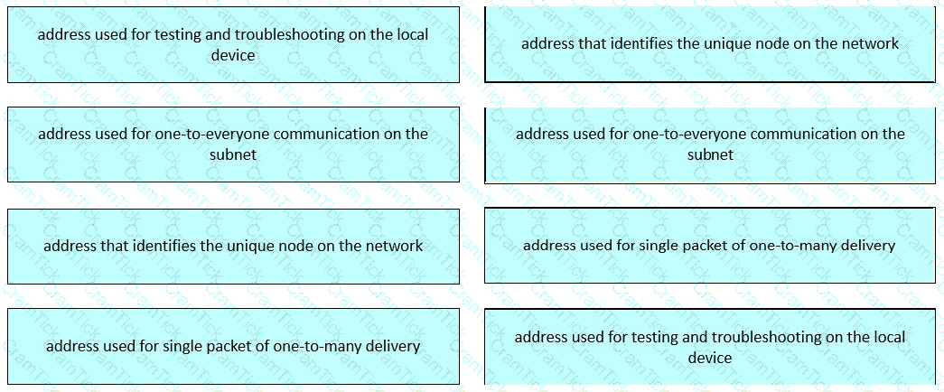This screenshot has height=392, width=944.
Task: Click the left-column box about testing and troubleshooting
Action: pyautogui.click(x=234, y=44)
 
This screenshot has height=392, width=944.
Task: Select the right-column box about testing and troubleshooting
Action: pyautogui.click(x=710, y=346)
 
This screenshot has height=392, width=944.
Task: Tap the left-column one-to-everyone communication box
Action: pyautogui.click(x=234, y=145)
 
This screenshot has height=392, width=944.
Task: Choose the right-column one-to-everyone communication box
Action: pyautogui.click(x=710, y=145)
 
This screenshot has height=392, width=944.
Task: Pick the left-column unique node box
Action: pyautogui.click(x=234, y=247)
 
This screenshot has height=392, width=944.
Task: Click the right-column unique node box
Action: pyautogui.click(x=710, y=44)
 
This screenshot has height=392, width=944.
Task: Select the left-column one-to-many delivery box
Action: pyautogui.click(x=234, y=346)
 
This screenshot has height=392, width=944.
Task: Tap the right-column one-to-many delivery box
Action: pyautogui.click(x=710, y=245)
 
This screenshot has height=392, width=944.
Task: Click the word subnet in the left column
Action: pyautogui.click(x=233, y=154)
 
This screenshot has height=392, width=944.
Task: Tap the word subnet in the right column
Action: pyautogui.click(x=710, y=154)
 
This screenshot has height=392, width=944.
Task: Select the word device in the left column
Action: pyautogui.click(x=233, y=55)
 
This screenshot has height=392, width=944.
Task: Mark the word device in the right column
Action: pyautogui.click(x=710, y=358)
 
